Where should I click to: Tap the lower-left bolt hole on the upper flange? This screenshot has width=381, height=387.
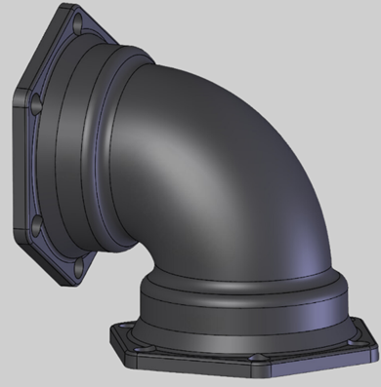37,226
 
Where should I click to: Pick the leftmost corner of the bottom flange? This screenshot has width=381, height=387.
109,336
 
